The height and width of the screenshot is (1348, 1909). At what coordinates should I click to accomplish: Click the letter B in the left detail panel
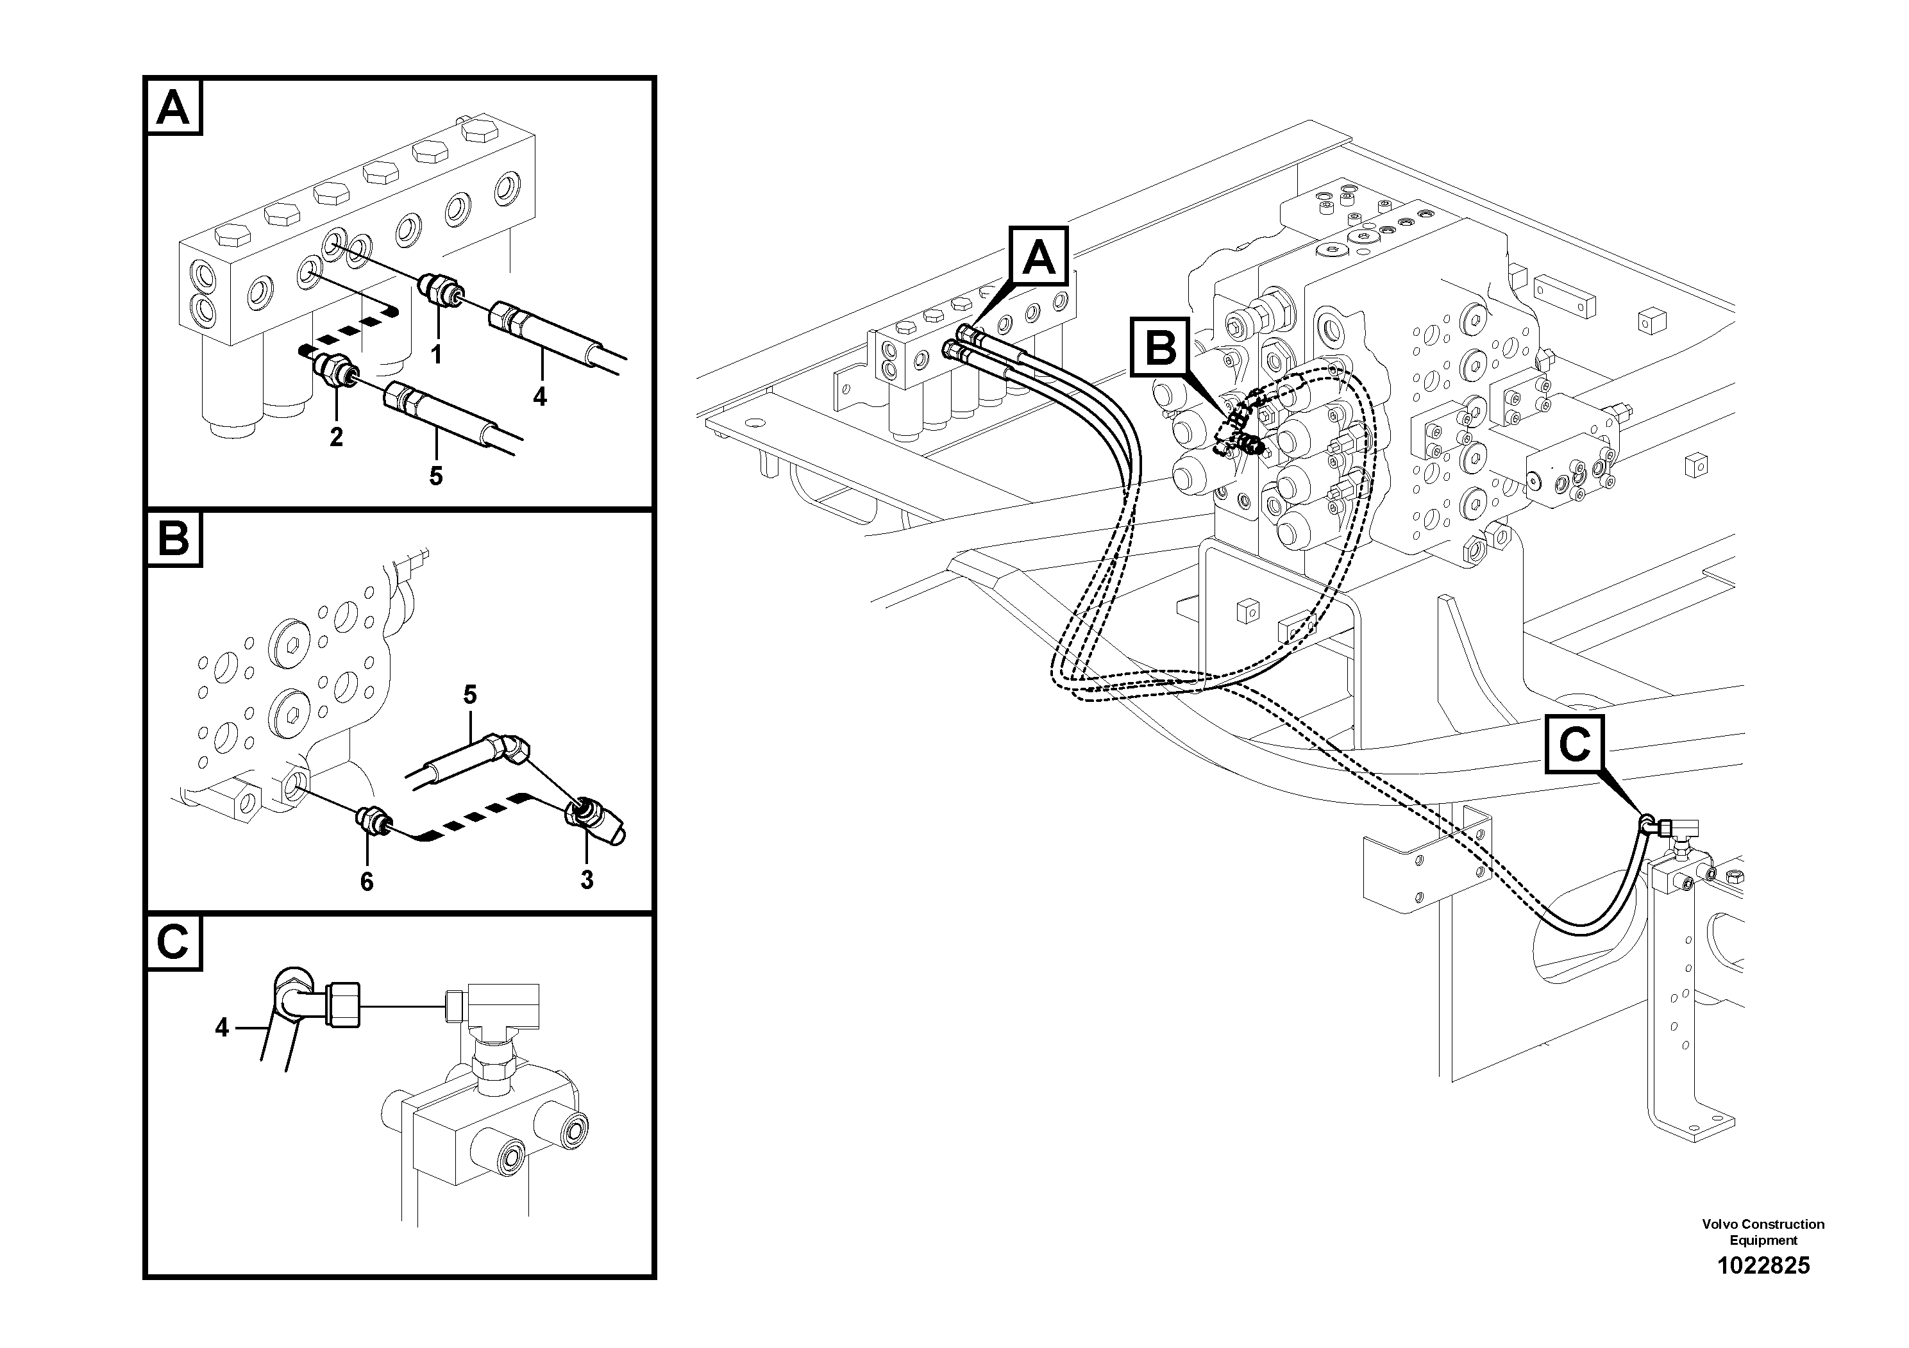pos(173,539)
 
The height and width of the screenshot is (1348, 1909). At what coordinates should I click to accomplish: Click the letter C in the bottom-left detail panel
pos(173,942)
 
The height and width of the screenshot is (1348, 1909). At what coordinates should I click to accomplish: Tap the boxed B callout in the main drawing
pos(1161,347)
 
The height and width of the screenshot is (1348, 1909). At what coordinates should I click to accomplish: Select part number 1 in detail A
pos(435,355)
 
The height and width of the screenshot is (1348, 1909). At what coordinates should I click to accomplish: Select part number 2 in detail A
pos(336,437)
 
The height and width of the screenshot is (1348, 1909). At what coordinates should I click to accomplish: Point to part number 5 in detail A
pos(435,476)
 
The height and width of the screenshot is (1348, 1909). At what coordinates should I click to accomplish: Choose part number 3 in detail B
pos(587,879)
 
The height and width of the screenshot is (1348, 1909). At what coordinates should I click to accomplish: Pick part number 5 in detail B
pos(470,694)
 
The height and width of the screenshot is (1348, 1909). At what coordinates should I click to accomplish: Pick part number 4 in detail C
pos(221,1028)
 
